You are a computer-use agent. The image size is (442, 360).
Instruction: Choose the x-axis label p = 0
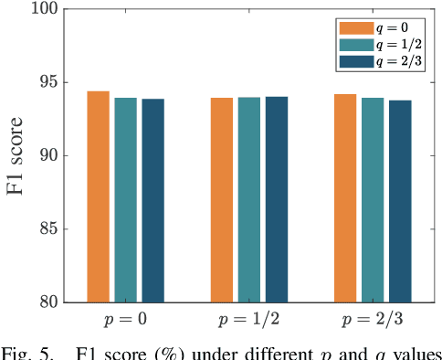pos(125,322)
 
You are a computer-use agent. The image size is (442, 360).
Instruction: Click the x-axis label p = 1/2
pos(249,322)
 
